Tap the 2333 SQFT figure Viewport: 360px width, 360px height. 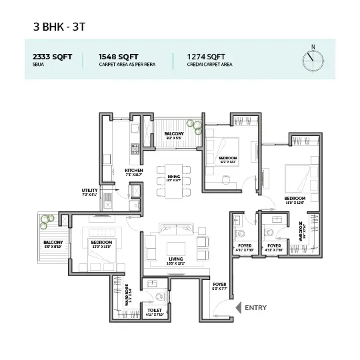point(48,57)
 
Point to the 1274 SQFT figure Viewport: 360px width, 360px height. point(196,57)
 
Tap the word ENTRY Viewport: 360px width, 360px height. point(256,307)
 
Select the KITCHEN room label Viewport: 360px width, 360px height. point(134,171)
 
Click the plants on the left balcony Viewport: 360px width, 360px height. point(49,217)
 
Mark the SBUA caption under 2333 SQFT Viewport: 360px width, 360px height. point(38,65)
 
